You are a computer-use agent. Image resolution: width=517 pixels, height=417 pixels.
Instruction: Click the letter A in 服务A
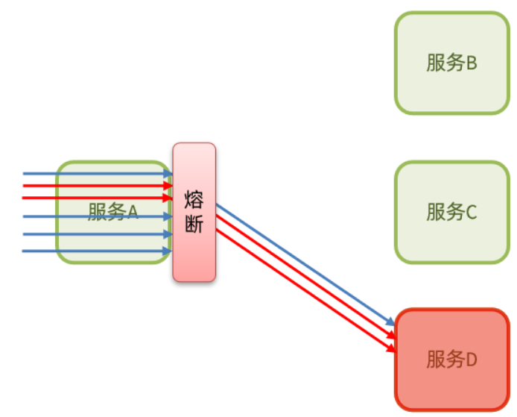132,213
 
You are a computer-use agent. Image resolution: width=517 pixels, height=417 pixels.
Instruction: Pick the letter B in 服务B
471,63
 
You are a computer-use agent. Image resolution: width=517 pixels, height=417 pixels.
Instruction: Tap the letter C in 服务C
471,212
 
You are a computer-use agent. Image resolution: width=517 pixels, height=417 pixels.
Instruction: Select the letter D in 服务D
471,360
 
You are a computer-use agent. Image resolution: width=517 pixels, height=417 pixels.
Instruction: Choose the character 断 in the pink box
194,223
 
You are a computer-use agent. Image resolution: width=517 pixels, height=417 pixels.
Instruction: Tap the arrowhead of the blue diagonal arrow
390,323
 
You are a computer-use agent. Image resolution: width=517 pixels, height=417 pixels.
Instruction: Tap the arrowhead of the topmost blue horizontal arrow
168,174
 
